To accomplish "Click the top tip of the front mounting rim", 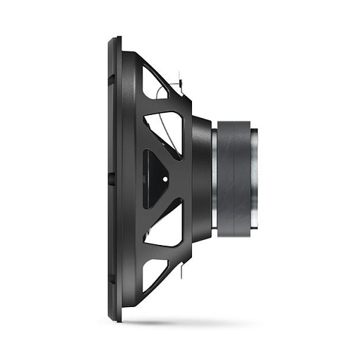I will pyautogui.click(x=114, y=39).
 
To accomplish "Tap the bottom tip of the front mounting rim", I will pyautogui.click(x=114, y=316).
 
